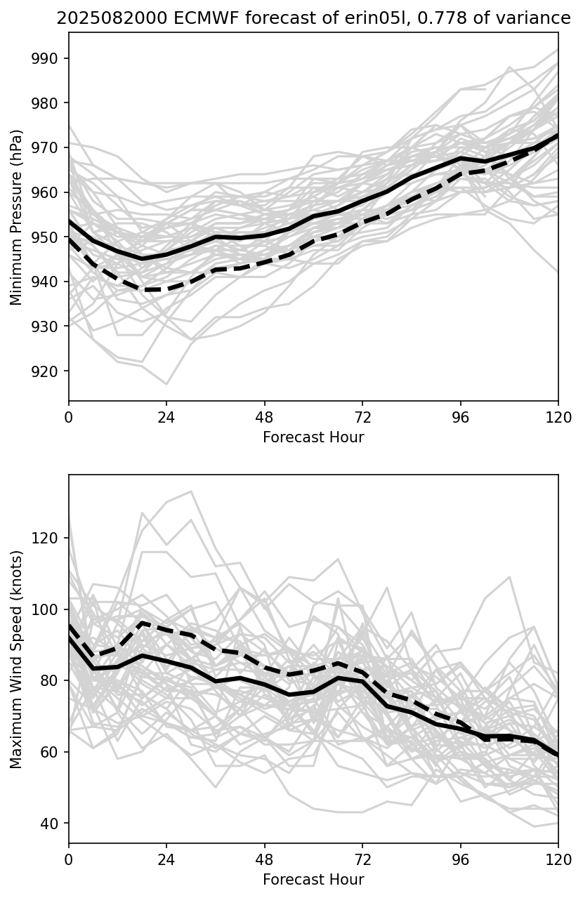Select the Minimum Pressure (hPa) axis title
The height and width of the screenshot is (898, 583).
coord(17,217)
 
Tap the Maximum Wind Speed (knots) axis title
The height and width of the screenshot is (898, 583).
coord(17,659)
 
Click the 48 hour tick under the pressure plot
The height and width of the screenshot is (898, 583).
coord(264,417)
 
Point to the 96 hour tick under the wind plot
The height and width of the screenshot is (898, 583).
coord(460,859)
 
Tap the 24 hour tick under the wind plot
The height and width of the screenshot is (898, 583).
coord(166,859)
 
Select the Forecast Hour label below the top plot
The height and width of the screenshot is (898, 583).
coord(313,437)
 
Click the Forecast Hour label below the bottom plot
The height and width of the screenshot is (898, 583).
coord(313,880)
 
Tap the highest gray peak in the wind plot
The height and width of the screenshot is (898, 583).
coord(191,491)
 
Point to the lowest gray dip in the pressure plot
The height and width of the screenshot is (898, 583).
coord(166,384)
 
